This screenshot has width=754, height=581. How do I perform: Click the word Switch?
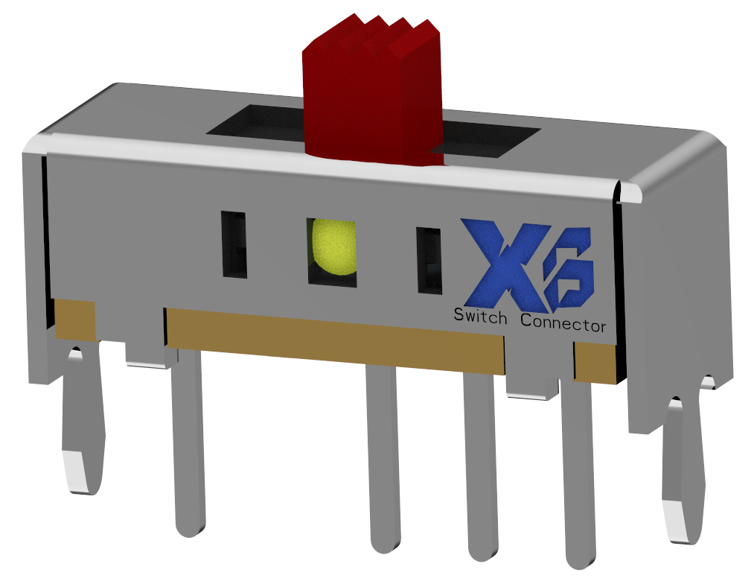[x=481, y=317]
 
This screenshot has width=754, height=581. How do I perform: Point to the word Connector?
[x=563, y=324]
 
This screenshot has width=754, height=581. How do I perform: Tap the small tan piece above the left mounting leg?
[x=75, y=320]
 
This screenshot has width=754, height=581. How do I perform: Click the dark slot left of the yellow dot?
[x=234, y=244]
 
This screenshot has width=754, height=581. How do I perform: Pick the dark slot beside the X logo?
[x=429, y=260]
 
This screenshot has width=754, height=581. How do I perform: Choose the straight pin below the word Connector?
[x=581, y=477]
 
